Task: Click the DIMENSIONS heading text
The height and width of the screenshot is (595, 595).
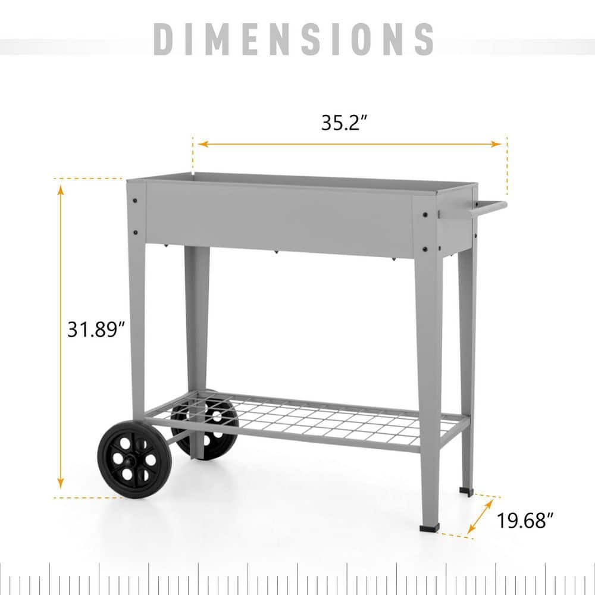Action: [294, 39]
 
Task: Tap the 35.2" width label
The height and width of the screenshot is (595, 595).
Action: [345, 123]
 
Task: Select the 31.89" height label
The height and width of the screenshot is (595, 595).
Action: [95, 328]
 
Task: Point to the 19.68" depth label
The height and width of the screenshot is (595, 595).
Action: [522, 521]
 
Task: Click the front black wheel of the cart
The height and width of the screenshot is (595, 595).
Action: [134, 459]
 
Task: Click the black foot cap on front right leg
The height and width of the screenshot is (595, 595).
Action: [429, 528]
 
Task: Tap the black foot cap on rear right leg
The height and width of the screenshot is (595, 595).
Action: [466, 491]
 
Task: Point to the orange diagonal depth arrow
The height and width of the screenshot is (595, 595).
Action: [480, 516]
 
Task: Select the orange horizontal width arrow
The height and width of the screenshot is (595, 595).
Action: [349, 143]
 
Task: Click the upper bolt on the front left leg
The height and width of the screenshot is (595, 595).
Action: [136, 200]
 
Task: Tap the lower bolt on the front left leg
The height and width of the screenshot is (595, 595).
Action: [136, 232]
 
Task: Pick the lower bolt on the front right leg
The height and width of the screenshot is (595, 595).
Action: [425, 249]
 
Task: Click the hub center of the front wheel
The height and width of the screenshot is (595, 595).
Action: [134, 459]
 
